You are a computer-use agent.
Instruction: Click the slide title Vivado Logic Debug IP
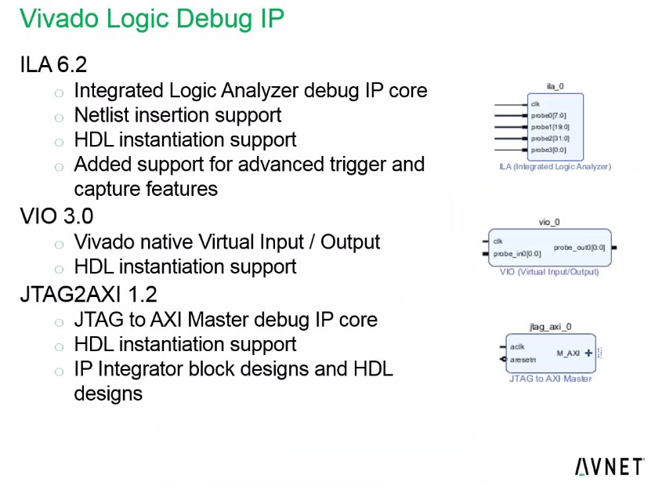click(x=152, y=19)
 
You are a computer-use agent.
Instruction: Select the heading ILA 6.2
click(x=53, y=64)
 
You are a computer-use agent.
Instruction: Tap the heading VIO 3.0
click(x=56, y=216)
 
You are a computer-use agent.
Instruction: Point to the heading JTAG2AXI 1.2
click(x=89, y=294)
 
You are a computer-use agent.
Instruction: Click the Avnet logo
click(x=610, y=466)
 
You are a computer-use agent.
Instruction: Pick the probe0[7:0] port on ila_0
click(x=548, y=116)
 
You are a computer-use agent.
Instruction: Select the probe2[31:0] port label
click(x=550, y=138)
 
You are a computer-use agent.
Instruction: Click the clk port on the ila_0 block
click(x=536, y=104)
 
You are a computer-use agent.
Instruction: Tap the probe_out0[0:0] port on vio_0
click(x=579, y=248)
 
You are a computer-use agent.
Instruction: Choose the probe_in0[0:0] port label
click(x=517, y=254)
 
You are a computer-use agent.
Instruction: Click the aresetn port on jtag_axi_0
click(x=523, y=360)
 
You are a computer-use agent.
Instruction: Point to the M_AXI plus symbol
click(x=588, y=353)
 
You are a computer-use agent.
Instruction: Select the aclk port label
click(x=517, y=346)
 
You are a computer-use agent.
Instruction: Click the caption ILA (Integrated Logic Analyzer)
click(x=555, y=167)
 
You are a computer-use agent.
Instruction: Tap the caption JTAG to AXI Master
click(x=551, y=379)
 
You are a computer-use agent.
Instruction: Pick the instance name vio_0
click(x=549, y=222)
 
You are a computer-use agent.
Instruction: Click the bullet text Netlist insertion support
click(x=178, y=115)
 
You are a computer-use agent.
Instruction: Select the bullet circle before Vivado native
click(x=59, y=244)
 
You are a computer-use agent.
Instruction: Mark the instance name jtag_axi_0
click(x=551, y=326)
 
